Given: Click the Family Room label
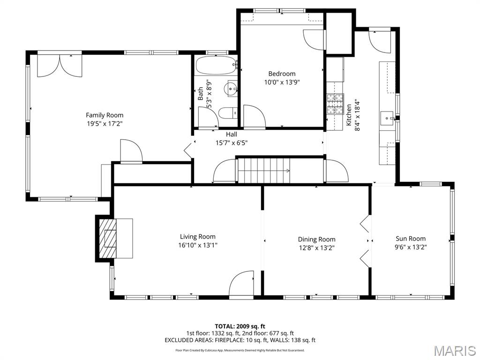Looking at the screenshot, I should [x=105, y=115].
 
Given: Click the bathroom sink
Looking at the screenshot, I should [x=232, y=88].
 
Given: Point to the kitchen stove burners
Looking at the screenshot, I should [x=335, y=104].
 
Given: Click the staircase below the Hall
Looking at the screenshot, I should [x=264, y=171].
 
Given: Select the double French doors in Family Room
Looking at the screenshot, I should [x=59, y=66].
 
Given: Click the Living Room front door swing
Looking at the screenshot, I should [x=242, y=284].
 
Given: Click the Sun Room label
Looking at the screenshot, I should [x=411, y=239].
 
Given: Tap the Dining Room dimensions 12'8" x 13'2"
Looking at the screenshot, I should [x=316, y=247].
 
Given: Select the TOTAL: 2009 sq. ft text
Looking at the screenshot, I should [x=240, y=326].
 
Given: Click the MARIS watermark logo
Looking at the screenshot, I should [x=455, y=351].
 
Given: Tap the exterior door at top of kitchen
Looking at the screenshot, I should [x=380, y=41].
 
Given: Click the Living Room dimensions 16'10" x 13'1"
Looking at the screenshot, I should [x=198, y=245].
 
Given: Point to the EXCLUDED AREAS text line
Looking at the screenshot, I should [x=240, y=340].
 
